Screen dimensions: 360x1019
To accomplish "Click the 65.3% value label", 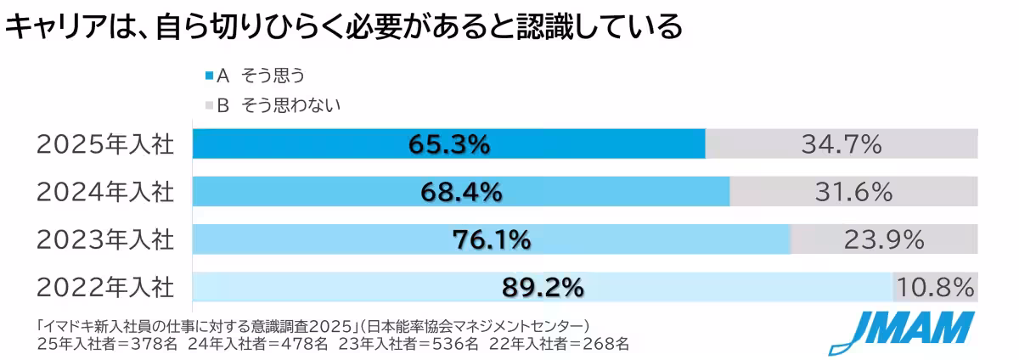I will tap(449, 145).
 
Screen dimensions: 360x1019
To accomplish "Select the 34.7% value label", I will tap(842, 145).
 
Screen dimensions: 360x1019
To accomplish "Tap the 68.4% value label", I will tap(461, 193).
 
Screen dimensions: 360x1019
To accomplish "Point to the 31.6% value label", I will tap(853, 193).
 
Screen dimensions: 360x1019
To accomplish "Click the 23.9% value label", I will tap(884, 240).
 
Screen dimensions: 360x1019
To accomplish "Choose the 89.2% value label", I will tap(543, 288).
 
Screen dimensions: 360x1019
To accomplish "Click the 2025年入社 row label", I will tap(104, 145).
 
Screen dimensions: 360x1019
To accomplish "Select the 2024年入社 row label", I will tap(104, 193).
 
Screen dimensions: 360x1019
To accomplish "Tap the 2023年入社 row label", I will tap(104, 240).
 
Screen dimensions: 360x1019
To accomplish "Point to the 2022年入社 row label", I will tap(104, 288).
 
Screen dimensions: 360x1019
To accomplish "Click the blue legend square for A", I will tap(209, 76).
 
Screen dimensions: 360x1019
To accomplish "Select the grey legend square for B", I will tap(209, 106).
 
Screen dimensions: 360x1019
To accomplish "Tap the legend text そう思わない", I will tap(291, 106).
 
